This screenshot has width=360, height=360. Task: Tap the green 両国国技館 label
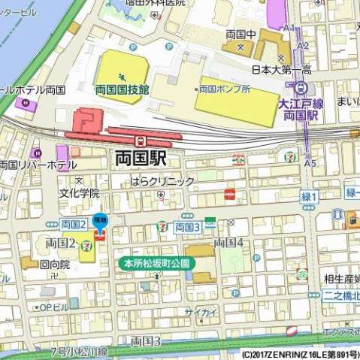coord(122,89)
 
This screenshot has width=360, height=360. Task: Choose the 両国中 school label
coord(241,35)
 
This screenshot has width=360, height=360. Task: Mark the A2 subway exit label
coord(302,46)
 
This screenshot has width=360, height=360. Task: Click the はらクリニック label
coord(162,181)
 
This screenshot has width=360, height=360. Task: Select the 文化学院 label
coord(80,193)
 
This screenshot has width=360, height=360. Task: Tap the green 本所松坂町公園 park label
coord(158,264)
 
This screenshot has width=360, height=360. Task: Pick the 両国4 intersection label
coord(229,242)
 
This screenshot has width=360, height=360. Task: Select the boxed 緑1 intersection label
coord(310,196)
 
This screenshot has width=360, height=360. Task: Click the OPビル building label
coord(55,307)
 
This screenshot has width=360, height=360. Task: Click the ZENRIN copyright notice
coord(301,353)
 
